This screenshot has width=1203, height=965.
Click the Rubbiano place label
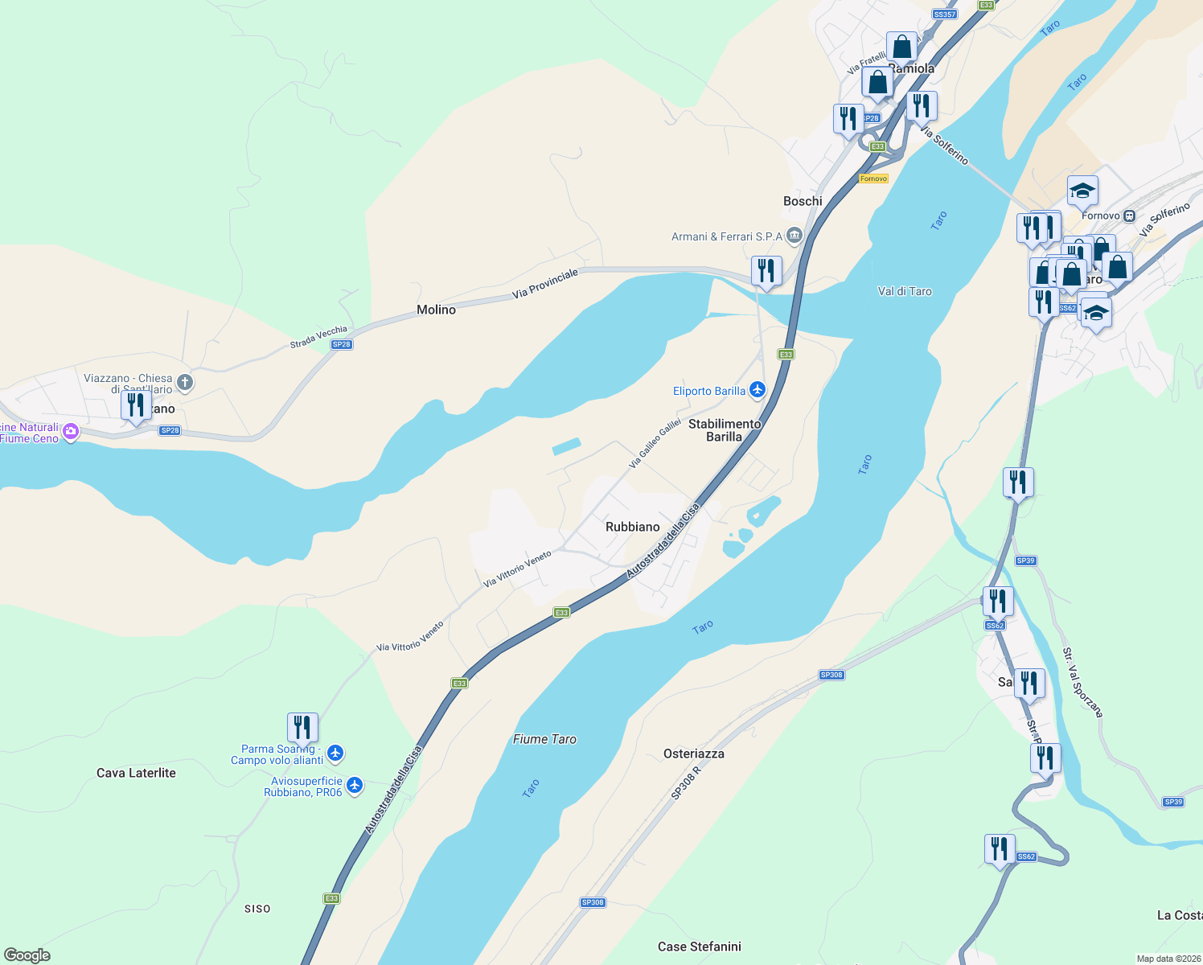(632, 527)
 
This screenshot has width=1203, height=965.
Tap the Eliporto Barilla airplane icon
(757, 390)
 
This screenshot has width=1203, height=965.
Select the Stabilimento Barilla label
(724, 430)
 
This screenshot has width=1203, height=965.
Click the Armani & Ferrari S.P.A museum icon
(794, 236)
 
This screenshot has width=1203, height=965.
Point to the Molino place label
(436, 310)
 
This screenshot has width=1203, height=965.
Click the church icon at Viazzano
(185, 382)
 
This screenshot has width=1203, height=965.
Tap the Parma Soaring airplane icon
(335, 754)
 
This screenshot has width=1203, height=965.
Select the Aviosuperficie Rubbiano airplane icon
(355, 786)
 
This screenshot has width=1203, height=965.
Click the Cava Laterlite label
(136, 773)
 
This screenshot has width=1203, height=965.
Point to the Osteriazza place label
(693, 754)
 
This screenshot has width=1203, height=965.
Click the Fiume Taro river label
(544, 739)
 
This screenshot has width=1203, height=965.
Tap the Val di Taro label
(905, 291)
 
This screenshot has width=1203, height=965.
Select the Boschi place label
(803, 201)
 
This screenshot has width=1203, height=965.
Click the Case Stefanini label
(699, 947)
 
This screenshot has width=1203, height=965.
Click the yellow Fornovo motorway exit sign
(873, 179)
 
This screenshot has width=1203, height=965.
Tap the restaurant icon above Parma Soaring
(302, 727)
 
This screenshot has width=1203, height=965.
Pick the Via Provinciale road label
(545, 284)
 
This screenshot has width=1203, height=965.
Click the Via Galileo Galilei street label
(655, 444)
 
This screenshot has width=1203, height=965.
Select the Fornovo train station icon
(1130, 216)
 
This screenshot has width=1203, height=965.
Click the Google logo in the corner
(27, 955)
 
